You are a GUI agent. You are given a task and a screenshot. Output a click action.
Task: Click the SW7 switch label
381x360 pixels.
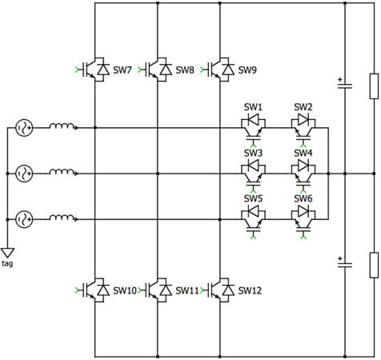click(x=122, y=70)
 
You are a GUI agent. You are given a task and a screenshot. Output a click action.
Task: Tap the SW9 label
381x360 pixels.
click(x=247, y=70)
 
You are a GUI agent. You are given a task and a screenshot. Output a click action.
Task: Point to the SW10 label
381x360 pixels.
click(x=126, y=290)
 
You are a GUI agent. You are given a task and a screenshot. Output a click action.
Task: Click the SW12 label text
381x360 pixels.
click(x=250, y=290)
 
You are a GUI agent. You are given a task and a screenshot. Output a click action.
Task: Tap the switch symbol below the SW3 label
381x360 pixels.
click(x=254, y=169)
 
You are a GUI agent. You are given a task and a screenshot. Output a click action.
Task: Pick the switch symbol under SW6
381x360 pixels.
click(x=303, y=214)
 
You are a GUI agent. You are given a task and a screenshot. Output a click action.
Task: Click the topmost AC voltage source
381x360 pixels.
click(x=24, y=127)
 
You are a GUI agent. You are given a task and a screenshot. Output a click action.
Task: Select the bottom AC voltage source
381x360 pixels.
click(x=24, y=218)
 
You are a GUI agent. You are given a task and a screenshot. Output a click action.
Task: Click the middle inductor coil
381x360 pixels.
click(x=63, y=171)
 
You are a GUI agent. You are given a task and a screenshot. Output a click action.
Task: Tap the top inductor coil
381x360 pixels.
click(x=63, y=126)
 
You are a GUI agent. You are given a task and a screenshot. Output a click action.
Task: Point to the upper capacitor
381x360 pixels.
click(x=345, y=86)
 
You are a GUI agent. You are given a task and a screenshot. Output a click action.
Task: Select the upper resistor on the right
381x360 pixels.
click(x=373, y=86)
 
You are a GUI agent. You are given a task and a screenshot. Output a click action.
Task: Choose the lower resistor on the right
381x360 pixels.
click(x=373, y=264)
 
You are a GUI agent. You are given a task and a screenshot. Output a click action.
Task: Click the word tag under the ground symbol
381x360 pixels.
click(x=7, y=263)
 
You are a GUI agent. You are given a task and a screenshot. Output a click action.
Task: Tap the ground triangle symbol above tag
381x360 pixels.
click(x=7, y=251)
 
